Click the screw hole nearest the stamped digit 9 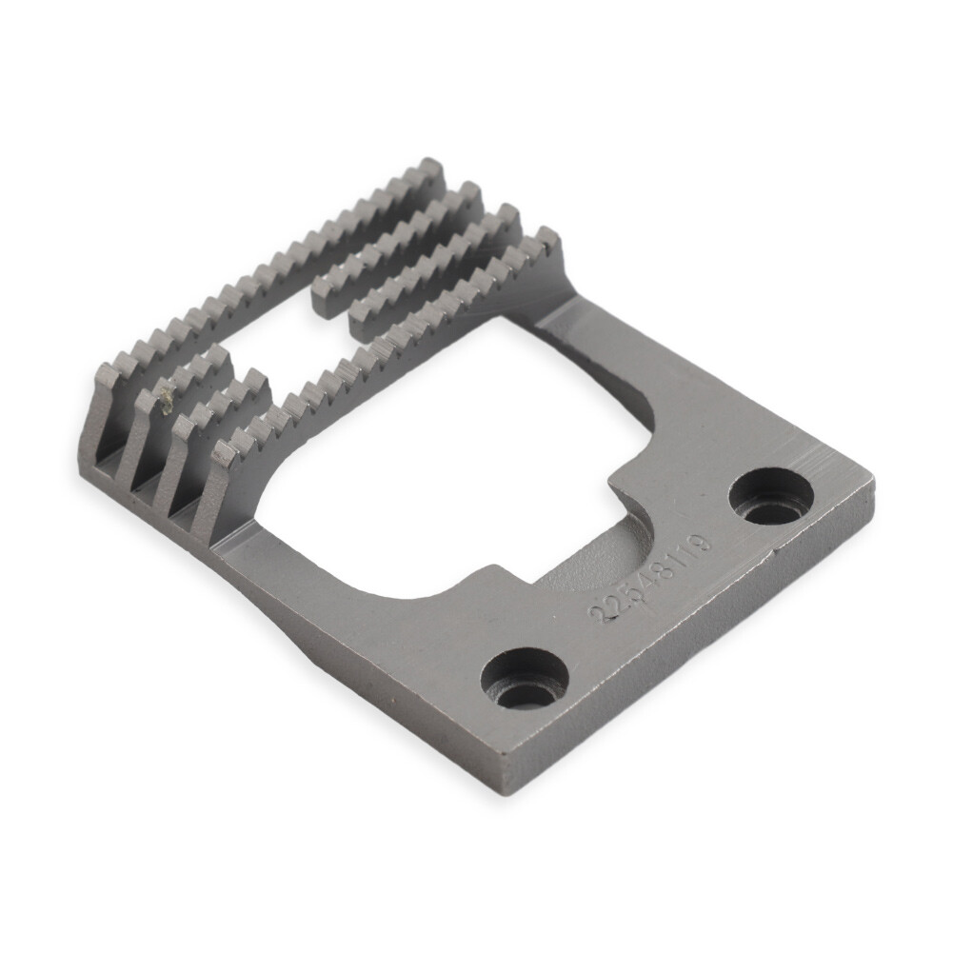click(x=771, y=496)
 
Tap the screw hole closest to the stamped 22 click(x=525, y=679)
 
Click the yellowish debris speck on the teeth click(x=168, y=400)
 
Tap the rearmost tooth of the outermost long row click(x=431, y=170)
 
